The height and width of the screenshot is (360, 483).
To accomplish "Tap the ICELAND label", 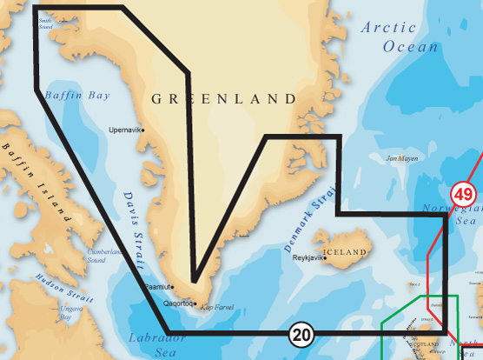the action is [x=346, y=252].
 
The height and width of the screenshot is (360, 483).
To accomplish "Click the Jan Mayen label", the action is [x=401, y=159].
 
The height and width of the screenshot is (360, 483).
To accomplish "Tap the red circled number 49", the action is [x=463, y=193].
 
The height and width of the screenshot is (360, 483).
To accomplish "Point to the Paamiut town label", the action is [x=155, y=285].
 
